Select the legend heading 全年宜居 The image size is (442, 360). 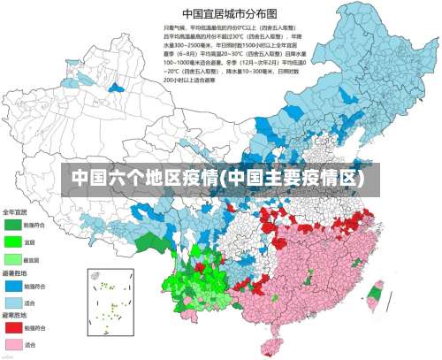point(14,212)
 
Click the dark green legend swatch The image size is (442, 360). point(12,226)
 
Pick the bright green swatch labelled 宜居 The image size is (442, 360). point(12,241)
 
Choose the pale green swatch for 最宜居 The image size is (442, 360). point(12,258)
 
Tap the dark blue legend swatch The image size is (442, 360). point(12,284)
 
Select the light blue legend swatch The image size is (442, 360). point(12,302)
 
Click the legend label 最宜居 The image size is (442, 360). point(31,259)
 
